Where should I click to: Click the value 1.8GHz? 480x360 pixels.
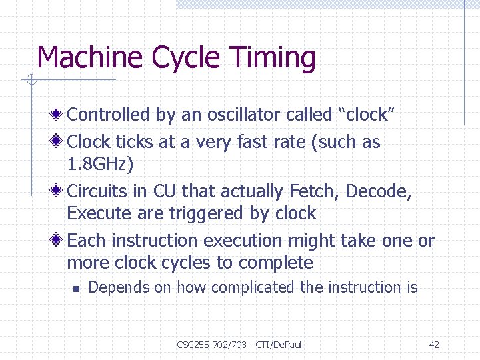(x=100, y=164)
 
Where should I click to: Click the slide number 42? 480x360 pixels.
(x=434, y=345)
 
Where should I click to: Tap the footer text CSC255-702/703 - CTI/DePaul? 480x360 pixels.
(x=239, y=345)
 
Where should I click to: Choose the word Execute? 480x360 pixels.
(x=97, y=214)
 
